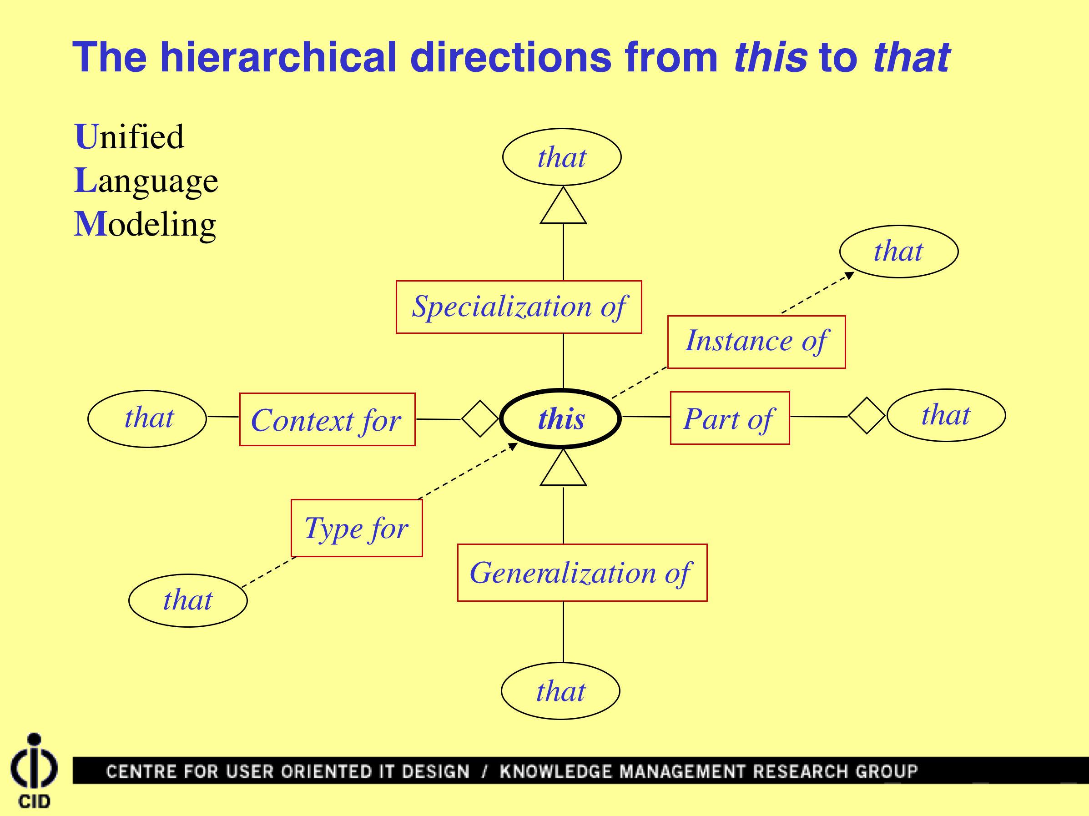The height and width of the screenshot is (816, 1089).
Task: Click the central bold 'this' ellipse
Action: [560, 419]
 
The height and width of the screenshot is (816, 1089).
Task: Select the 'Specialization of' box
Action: [519, 307]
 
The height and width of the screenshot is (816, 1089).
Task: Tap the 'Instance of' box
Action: [756, 342]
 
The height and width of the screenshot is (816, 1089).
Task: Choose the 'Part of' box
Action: [730, 418]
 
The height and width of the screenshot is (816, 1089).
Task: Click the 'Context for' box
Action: [327, 419]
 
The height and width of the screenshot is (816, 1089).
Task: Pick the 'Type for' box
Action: [357, 528]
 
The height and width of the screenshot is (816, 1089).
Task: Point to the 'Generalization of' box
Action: [582, 572]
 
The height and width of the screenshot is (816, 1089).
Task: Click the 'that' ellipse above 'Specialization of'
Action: [562, 157]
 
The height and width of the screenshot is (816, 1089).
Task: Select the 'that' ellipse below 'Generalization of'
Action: [560, 691]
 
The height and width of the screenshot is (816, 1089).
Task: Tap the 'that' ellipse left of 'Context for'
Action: [147, 419]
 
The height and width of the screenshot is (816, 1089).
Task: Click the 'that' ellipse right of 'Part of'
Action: [946, 415]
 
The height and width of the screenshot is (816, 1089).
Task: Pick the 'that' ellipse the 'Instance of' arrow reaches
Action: [898, 252]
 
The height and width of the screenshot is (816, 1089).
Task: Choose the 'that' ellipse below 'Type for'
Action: [187, 600]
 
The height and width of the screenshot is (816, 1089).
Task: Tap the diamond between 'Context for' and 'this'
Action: [480, 419]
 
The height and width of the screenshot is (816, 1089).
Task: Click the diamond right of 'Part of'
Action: [867, 416]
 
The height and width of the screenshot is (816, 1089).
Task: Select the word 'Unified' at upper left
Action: [129, 136]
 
